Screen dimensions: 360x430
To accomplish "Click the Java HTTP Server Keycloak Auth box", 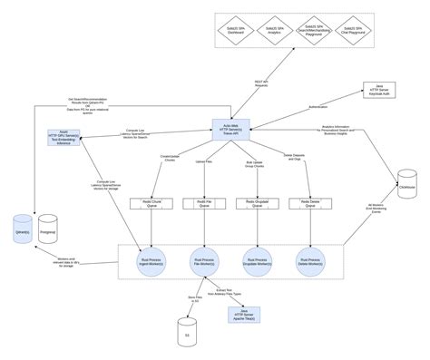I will click(379, 92).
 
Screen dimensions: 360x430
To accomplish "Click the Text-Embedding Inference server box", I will click(64, 139).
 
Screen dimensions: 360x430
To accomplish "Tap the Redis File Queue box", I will click(203, 204).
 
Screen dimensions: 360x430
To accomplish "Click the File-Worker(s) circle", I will click(203, 259).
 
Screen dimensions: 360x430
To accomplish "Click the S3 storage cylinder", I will click(188, 327).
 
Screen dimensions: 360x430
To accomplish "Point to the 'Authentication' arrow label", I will click(318, 106).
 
